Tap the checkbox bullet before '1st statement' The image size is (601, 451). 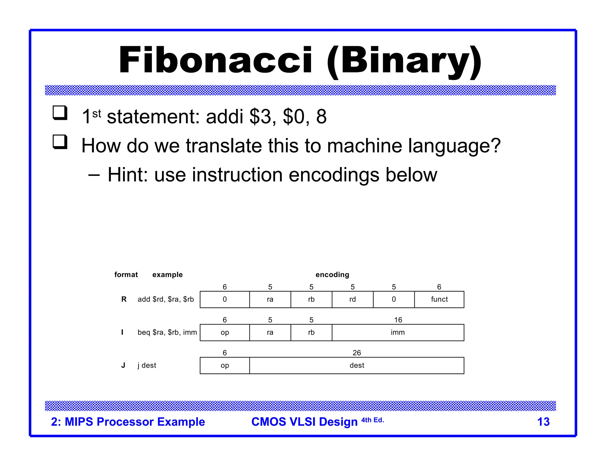click(x=60, y=113)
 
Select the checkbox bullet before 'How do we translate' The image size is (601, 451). click(x=60, y=142)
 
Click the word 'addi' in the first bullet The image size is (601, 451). click(x=224, y=117)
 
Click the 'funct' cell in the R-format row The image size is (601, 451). click(x=439, y=299)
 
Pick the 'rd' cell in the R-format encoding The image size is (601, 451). click(x=352, y=299)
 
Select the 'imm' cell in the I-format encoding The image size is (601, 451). click(x=398, y=332)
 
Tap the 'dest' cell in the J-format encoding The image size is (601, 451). click(x=357, y=366)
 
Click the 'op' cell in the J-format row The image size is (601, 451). click(x=225, y=366)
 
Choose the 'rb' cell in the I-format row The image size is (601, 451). click(x=311, y=332)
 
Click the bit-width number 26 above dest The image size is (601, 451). click(x=357, y=353)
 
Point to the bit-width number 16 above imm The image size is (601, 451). click(x=398, y=320)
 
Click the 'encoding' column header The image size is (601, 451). click(x=332, y=275)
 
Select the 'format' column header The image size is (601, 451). click(x=126, y=275)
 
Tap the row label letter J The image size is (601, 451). click(x=123, y=365)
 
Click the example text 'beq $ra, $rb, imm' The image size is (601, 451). click(x=167, y=332)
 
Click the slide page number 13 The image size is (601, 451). click(x=543, y=422)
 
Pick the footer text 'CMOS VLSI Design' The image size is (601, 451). click(x=304, y=422)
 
